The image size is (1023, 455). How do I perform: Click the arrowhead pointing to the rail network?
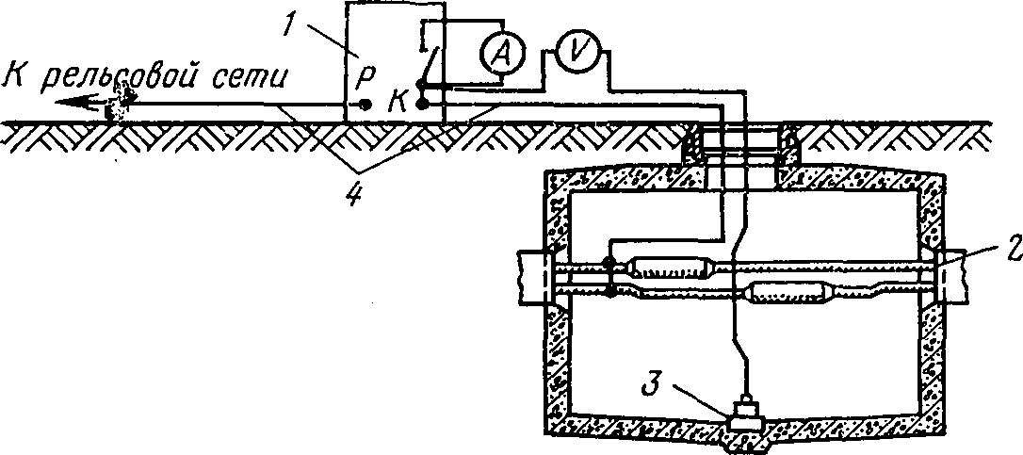click(75, 101)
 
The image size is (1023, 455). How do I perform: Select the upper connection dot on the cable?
click(609, 263)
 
